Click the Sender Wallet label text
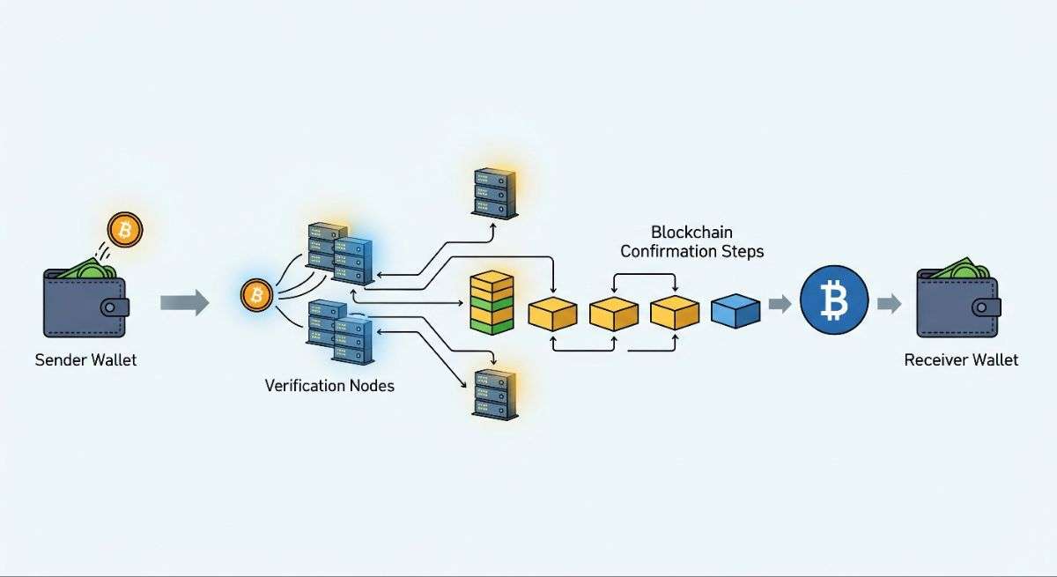tap(85, 360)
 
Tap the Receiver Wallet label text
tap(961, 360)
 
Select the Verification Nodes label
tap(329, 386)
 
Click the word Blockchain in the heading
tap(691, 233)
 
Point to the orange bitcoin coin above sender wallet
tap(124, 231)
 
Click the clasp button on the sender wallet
tap(115, 307)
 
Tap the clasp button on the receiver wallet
tap(987, 307)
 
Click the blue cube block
tap(735, 311)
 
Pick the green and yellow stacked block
tap(492, 303)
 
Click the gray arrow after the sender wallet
tap(185, 304)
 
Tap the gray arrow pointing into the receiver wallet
tap(890, 305)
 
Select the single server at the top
tap(492, 192)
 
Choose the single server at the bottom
tap(492, 393)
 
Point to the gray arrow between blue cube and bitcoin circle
tap(780, 305)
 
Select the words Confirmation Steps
tap(691, 252)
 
